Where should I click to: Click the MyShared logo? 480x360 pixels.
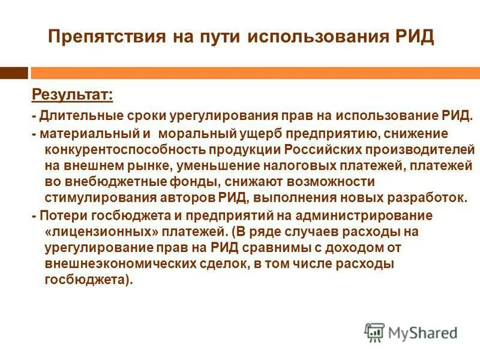click(411, 332)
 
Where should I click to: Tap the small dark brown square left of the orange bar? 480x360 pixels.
click(14, 72)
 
